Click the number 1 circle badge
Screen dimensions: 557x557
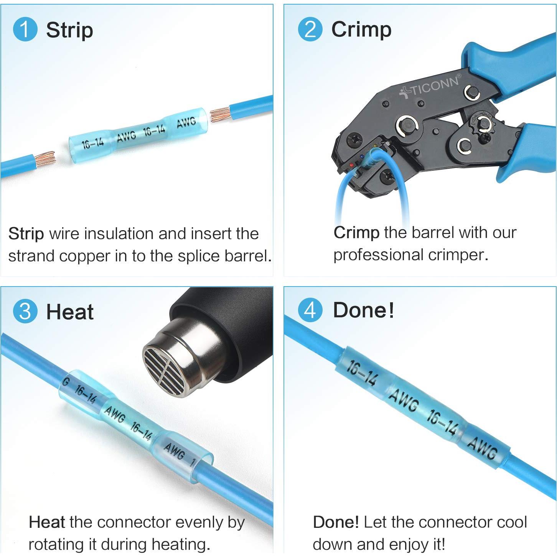tap(25, 30)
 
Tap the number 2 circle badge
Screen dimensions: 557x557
tap(310, 30)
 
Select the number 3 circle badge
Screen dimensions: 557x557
tap(25, 311)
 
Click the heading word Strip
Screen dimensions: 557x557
tap(69, 30)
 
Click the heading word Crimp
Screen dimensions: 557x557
tap(361, 30)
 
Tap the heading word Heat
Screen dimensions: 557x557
tap(70, 312)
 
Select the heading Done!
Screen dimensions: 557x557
tap(363, 310)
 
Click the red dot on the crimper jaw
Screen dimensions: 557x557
tap(351, 165)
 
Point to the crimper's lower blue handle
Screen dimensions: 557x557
tap(529, 153)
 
